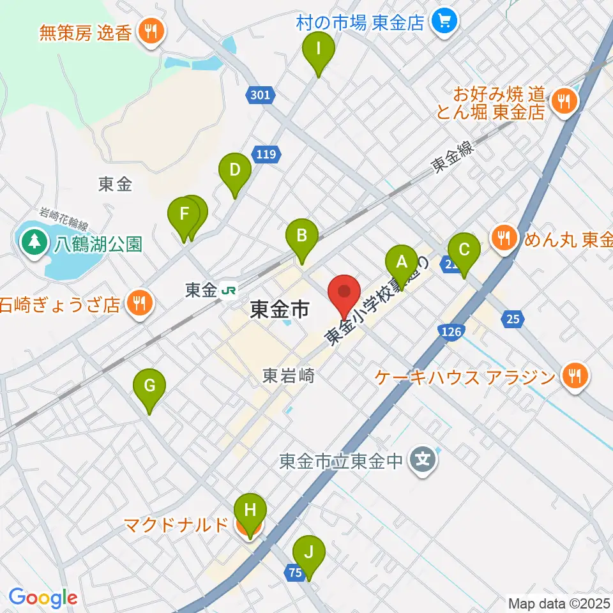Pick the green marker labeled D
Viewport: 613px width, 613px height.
[x=234, y=170]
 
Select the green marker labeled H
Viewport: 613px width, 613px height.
[x=250, y=511]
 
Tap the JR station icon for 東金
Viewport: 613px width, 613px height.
[x=227, y=291]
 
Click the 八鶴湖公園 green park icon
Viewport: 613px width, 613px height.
[x=31, y=243]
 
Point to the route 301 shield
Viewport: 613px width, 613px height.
[x=260, y=96]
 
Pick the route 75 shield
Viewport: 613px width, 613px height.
[x=294, y=573]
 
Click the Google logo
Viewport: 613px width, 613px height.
[x=43, y=598]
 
